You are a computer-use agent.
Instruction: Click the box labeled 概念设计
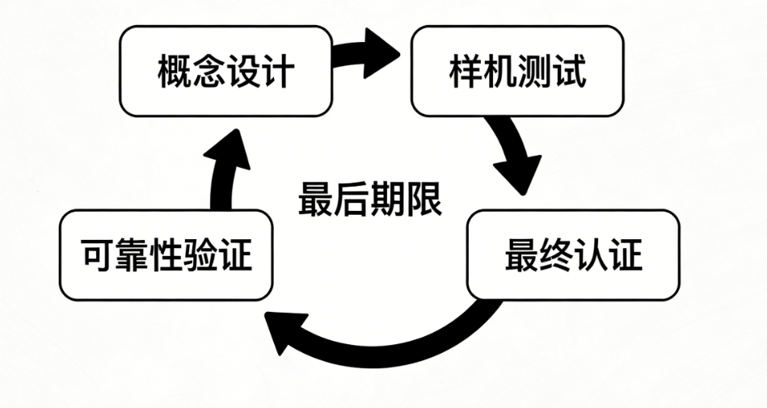[x=225, y=72]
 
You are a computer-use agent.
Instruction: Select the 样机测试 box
[x=517, y=72]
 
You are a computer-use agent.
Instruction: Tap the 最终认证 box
[x=573, y=255]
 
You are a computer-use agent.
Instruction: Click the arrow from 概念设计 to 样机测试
[x=368, y=54]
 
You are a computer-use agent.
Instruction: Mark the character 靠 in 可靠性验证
[x=133, y=256]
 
